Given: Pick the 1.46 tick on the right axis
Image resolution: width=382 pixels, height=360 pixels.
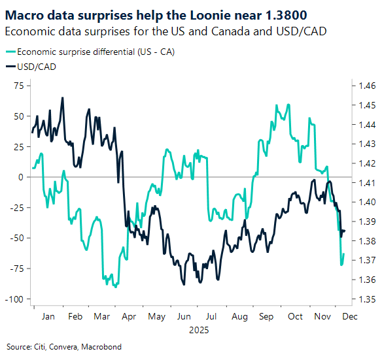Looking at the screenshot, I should coord(364,86).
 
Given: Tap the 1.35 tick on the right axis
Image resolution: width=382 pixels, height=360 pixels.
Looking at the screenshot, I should coord(364,299).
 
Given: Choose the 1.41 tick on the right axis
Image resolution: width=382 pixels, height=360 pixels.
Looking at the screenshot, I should coord(364,183).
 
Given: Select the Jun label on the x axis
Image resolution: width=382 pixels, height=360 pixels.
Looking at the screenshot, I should coord(184,316).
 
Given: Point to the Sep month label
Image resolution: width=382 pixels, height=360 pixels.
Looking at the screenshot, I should coord(266,316).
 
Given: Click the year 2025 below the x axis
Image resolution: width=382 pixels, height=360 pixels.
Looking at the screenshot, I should coord(198,330).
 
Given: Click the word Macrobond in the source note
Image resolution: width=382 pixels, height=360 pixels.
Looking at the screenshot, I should coord(103,347).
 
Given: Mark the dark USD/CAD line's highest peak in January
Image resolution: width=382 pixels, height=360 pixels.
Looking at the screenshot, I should coord(62,98).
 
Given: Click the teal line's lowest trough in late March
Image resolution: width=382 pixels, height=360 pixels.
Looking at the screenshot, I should coord(115,286).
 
